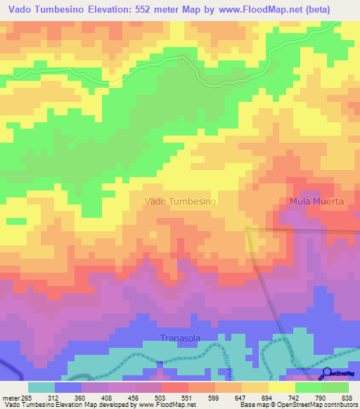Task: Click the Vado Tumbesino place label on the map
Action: point(180,201)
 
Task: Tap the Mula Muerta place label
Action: point(316,201)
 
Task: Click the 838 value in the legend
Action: point(347,398)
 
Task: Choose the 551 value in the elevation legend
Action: point(187,398)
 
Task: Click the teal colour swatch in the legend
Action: point(41,387)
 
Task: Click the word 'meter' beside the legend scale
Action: point(11,398)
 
